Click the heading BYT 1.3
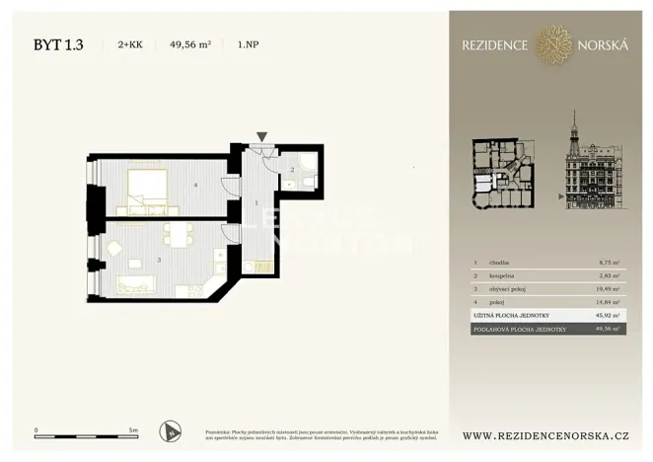(58, 44)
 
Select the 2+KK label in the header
(129, 44)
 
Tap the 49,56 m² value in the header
(190, 44)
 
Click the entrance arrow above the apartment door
(261, 137)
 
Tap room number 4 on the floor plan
(196, 185)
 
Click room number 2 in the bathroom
(292, 171)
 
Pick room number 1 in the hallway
(255, 203)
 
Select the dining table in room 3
(179, 235)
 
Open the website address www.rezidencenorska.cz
(545, 435)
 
